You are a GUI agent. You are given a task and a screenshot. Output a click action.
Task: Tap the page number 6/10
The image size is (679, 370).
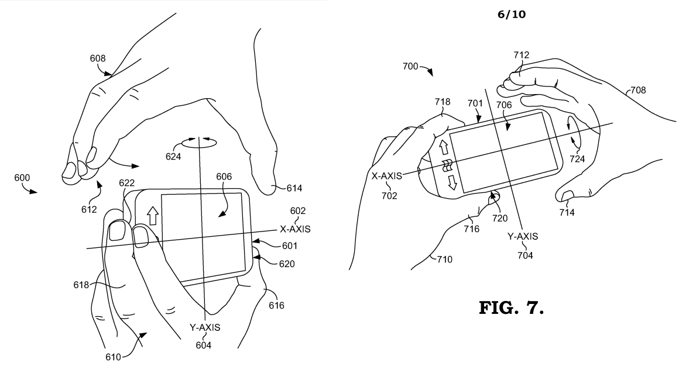coord(511,14)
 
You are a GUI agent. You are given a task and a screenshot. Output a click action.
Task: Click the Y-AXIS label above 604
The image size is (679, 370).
coord(204,328)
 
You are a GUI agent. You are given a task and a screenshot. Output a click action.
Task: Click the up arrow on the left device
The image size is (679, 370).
coord(153,216)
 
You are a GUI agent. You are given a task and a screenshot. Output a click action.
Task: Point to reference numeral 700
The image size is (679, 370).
coord(410,67)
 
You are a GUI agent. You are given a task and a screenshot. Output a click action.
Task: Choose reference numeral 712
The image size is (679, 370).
coord(522,56)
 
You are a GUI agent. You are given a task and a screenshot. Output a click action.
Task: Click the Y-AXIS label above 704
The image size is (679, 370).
coord(522,236)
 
